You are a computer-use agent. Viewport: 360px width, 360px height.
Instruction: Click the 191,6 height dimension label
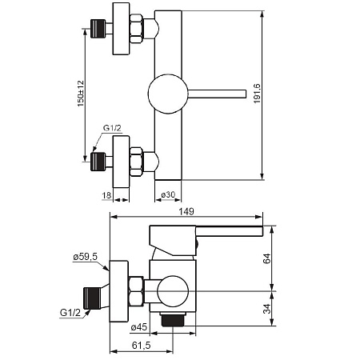[257, 94]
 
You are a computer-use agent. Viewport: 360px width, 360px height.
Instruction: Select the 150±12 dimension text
[81, 94]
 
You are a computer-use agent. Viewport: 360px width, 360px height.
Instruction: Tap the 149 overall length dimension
[186, 212]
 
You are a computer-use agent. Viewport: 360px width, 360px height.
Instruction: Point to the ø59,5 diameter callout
[86, 257]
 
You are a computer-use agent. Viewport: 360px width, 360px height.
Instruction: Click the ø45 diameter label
[139, 327]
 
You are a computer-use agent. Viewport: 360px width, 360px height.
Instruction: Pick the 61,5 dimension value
[141, 346]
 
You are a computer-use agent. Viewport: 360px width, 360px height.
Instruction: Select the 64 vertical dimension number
[266, 258]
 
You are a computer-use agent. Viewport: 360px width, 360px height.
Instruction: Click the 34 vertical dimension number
[266, 309]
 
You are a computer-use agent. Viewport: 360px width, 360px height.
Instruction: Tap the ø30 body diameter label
[168, 195]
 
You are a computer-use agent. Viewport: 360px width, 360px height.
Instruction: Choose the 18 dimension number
[106, 195]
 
